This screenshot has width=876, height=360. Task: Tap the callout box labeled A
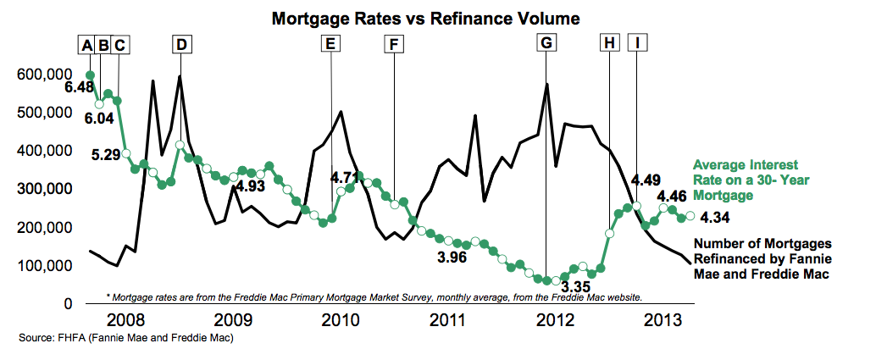tap(86, 46)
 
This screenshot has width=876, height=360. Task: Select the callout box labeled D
tap(181, 46)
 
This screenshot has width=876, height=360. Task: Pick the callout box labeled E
tap(331, 46)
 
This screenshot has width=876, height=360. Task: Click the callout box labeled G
tap(546, 46)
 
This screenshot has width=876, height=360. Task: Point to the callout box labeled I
tap(637, 46)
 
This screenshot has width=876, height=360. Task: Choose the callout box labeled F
tap(394, 46)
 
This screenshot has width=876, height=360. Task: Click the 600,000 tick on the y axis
tap(40, 75)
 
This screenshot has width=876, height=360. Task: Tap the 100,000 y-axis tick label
tap(40, 265)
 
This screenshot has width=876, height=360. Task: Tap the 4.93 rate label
tap(252, 186)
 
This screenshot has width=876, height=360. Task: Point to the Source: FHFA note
tap(125, 339)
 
